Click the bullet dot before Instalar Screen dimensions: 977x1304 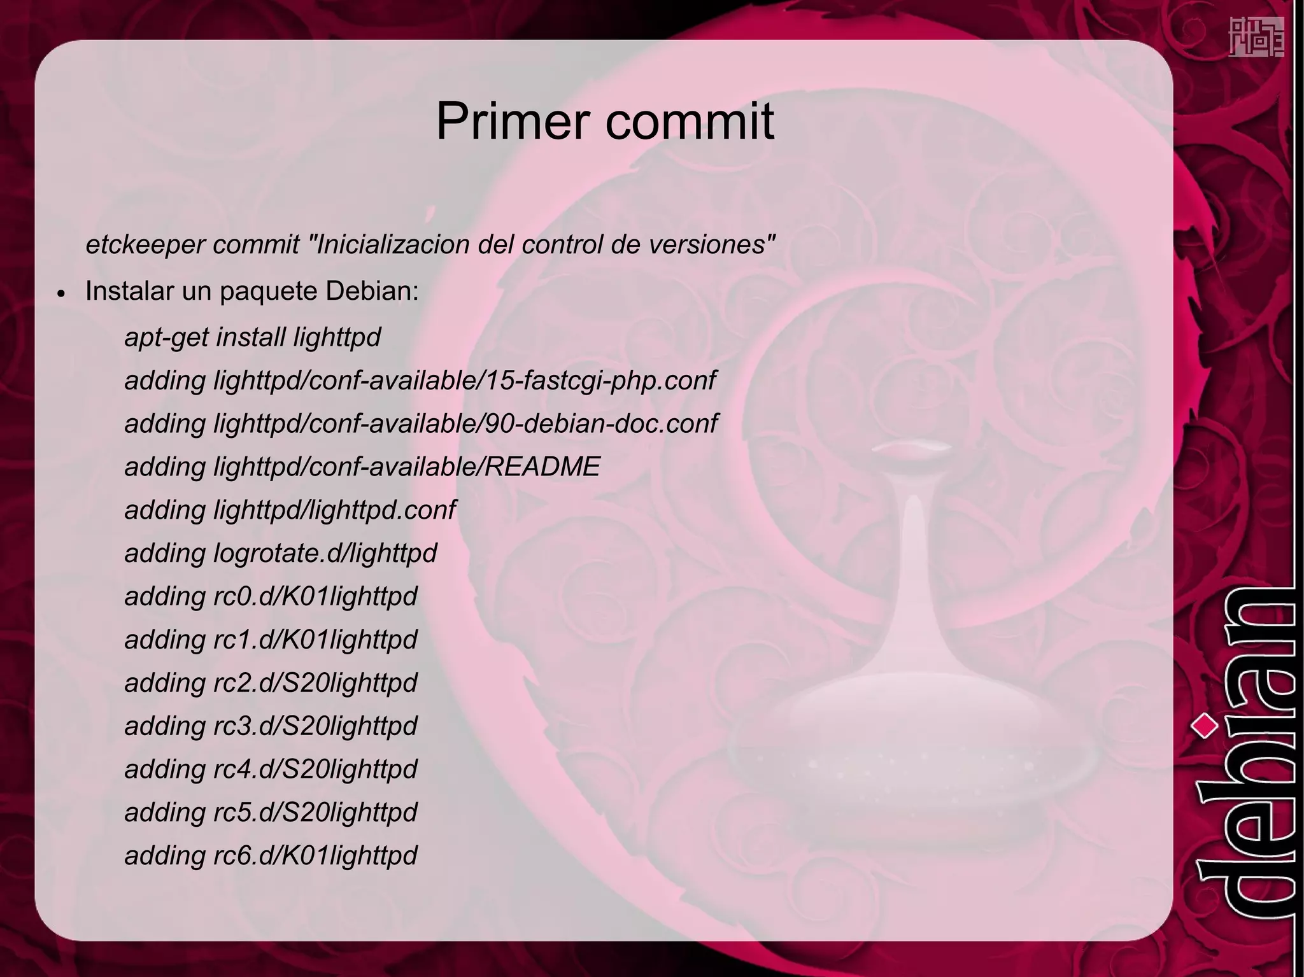62,295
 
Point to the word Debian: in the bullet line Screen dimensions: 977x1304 372,291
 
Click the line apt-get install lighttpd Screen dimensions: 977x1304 252,337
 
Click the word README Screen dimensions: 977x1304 542,467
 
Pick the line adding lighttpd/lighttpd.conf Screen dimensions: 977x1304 290,510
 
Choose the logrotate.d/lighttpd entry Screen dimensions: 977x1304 325,553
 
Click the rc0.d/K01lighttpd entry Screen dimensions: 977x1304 315,596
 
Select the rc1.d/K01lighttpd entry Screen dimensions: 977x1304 315,640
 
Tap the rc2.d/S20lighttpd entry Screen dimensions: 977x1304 315,683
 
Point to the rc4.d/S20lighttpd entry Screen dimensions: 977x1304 315,769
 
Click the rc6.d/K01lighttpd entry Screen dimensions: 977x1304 315,855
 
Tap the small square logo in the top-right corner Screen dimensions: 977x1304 1255,37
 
